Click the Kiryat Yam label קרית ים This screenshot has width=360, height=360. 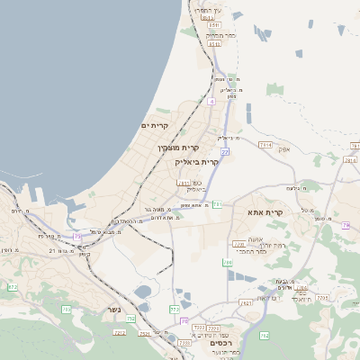click(154, 126)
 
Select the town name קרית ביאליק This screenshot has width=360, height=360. click(197, 162)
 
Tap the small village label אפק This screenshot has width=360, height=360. click(283, 148)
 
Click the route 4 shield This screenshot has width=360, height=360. click(211, 102)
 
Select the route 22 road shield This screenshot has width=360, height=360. click(225, 152)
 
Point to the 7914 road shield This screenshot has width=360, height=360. click(265, 144)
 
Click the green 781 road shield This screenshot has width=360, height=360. click(218, 205)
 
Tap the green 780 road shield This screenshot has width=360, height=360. click(228, 263)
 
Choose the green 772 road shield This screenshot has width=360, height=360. click(174, 309)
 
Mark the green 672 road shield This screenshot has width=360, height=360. click(13, 287)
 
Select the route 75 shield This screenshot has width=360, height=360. click(78, 237)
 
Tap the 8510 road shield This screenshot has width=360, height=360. click(208, 17)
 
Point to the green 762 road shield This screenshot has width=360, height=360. click(264, 336)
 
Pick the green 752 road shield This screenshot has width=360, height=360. click(130, 319)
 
